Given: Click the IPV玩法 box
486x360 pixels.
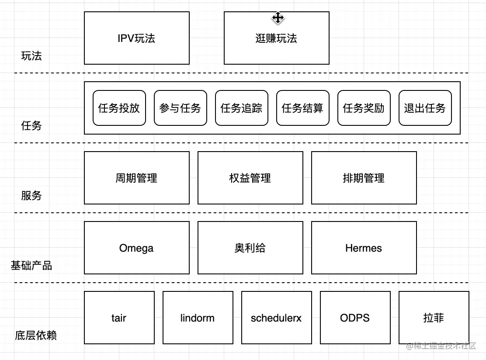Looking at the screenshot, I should point(136,38).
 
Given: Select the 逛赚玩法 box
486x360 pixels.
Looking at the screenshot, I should point(276,38).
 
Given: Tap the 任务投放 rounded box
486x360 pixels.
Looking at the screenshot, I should point(119,108).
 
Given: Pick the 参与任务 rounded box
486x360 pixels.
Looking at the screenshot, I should point(180,108).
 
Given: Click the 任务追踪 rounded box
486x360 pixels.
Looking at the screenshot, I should point(241,108).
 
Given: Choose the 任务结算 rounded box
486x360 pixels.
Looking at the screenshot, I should point(302,108).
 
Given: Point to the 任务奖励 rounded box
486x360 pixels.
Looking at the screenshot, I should point(364,108).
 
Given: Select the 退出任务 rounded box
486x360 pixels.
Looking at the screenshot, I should point(425,108).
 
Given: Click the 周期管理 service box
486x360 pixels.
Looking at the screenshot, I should point(136,178).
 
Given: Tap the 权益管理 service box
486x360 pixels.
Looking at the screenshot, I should point(250,178).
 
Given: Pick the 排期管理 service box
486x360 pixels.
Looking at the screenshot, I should point(364,178).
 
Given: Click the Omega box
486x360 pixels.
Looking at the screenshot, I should point(136,248).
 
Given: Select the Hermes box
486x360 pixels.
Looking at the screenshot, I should point(364,248).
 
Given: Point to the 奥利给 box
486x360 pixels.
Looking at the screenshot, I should point(250,248).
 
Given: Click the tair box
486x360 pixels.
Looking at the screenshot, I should point(119,318).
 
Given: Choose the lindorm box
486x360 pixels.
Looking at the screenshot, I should point(198,318).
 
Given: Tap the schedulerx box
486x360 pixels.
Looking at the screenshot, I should point(276,318).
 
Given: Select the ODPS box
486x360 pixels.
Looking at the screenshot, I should point(355,318).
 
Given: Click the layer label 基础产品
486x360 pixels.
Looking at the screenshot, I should point(31,265).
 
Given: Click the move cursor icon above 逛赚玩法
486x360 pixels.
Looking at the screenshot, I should point(278,18).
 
